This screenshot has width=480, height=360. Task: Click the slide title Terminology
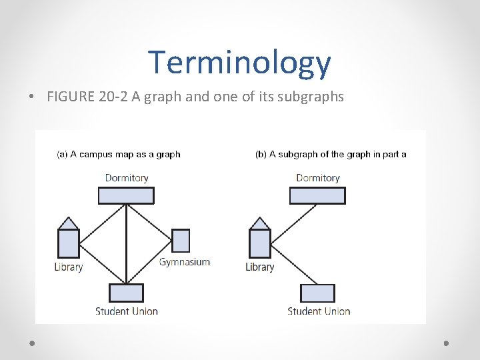point(239,62)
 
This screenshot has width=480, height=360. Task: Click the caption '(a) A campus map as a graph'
point(119,154)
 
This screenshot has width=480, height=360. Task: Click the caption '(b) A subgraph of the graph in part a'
point(331,154)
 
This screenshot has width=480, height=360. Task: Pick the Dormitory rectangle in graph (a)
point(126,195)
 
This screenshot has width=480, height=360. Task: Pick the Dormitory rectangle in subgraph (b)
point(317,195)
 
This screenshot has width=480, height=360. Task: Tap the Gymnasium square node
point(181,240)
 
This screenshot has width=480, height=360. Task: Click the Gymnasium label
point(185,262)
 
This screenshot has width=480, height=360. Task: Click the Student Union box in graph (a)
point(126,293)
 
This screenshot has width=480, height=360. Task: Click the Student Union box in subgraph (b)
point(317,293)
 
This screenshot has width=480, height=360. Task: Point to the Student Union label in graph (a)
point(127,311)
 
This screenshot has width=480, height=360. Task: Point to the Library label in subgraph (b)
point(259,267)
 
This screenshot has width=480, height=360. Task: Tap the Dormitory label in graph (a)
point(127,178)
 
